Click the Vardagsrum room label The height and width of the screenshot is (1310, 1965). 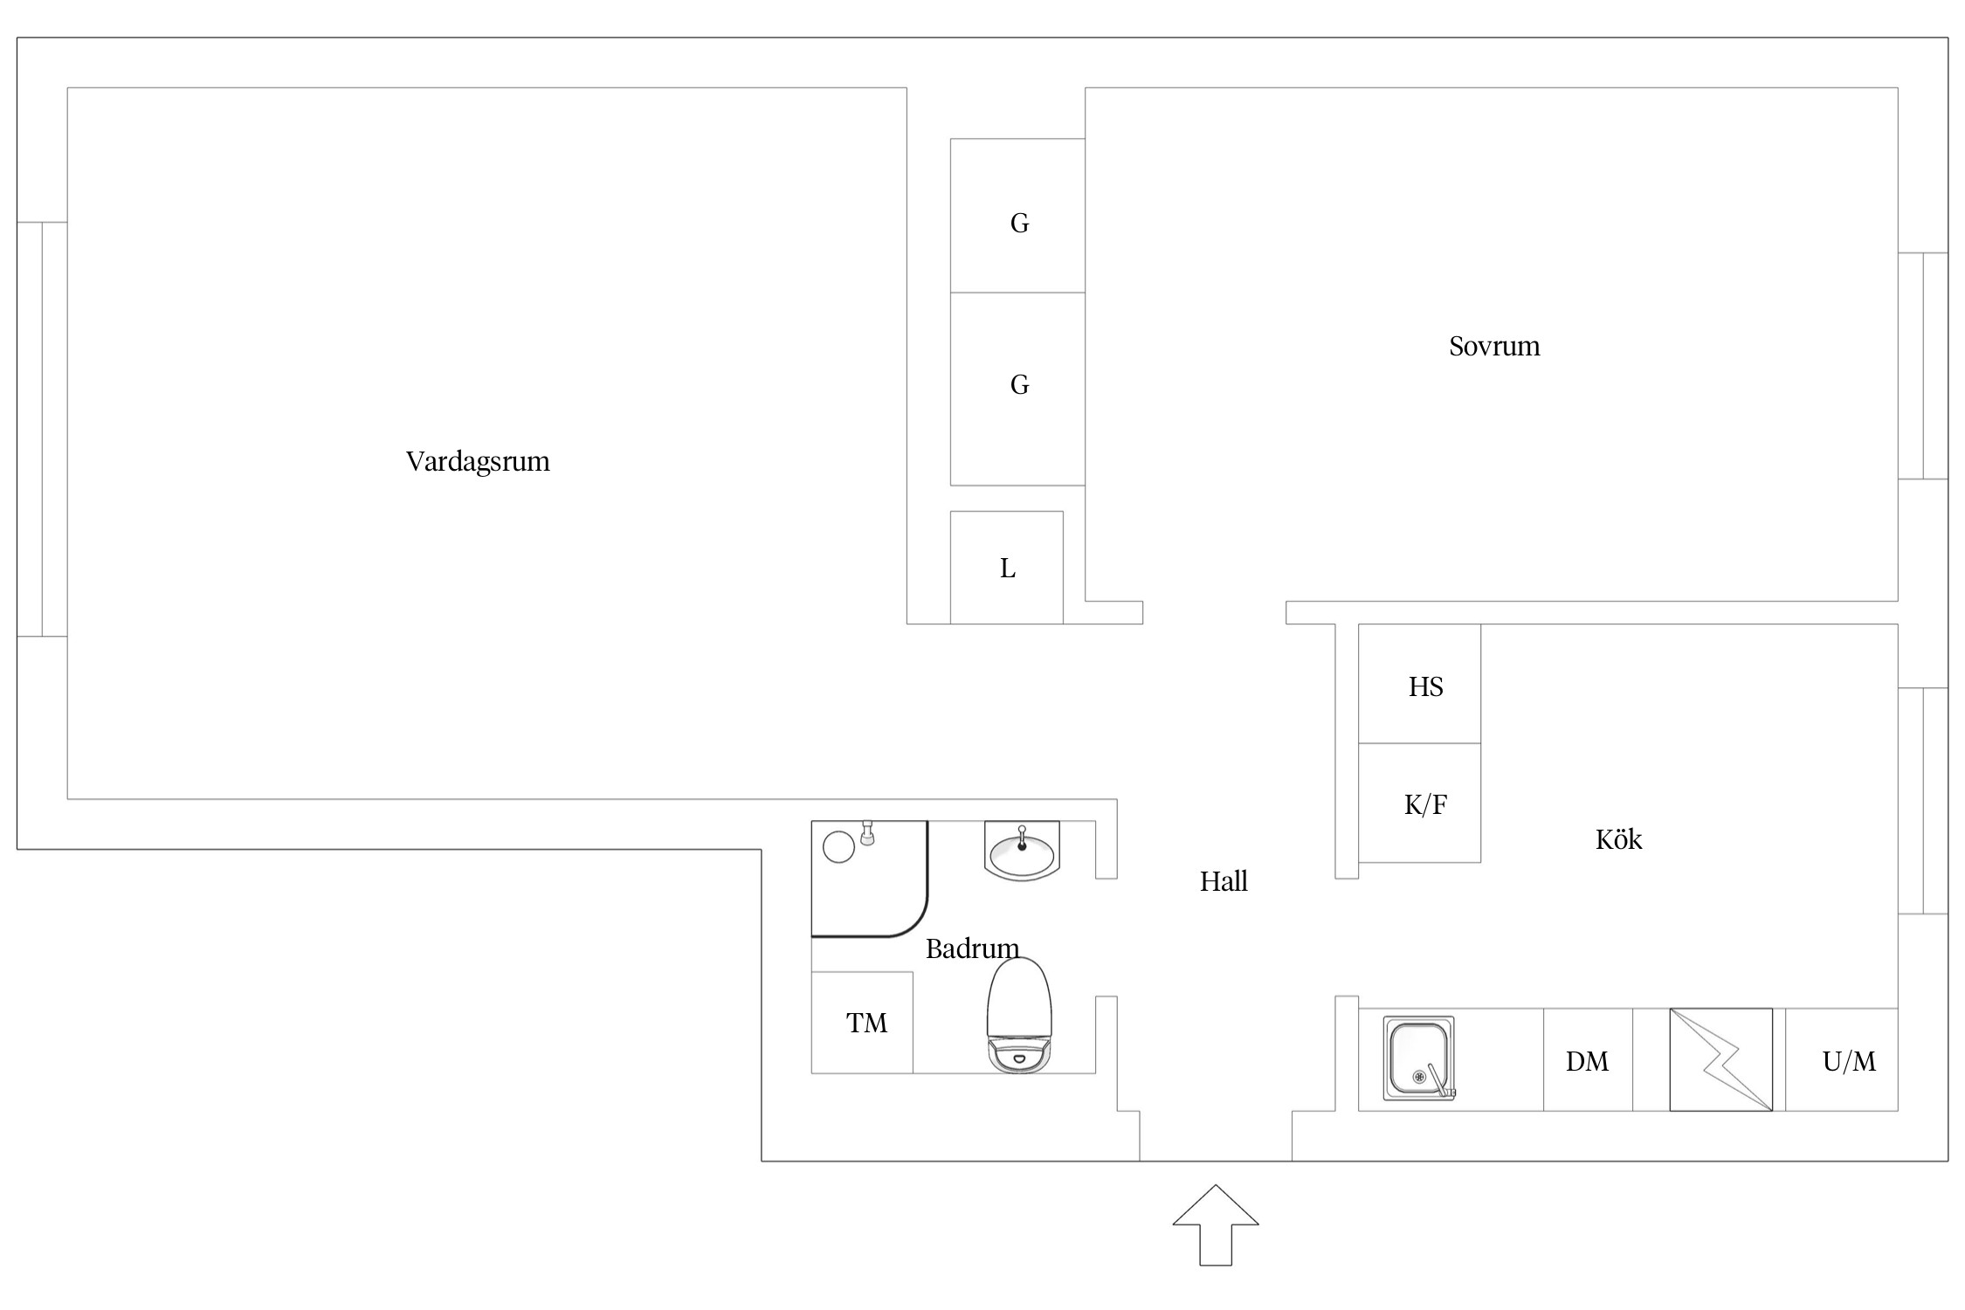pyautogui.click(x=478, y=461)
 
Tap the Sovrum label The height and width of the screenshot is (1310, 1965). pyautogui.click(x=1494, y=346)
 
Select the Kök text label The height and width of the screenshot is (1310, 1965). pyautogui.click(x=1618, y=838)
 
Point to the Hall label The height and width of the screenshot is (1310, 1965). pyautogui.click(x=1223, y=881)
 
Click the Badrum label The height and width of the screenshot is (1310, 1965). pyautogui.click(x=972, y=948)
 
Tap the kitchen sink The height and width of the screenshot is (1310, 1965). pyautogui.click(x=1419, y=1058)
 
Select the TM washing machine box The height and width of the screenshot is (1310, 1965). pyautogui.click(x=862, y=1022)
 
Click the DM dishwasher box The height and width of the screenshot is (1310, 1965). pyautogui.click(x=1588, y=1059)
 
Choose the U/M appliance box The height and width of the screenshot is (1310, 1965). pyautogui.click(x=1842, y=1059)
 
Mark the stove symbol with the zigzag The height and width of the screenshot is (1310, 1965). pyautogui.click(x=1720, y=1059)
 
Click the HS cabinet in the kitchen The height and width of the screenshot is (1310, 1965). pyautogui.click(x=1419, y=684)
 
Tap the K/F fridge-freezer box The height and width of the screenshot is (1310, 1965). pyautogui.click(x=1419, y=803)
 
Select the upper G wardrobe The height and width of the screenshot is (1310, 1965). pyautogui.click(x=1017, y=216)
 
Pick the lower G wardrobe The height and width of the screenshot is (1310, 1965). pyautogui.click(x=1017, y=389)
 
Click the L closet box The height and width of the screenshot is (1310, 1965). pyautogui.click(x=1007, y=568)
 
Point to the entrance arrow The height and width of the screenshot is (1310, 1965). pyautogui.click(x=1215, y=1224)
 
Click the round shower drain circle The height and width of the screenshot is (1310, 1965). pyautogui.click(x=838, y=847)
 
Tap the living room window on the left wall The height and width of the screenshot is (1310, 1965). pyautogui.click(x=42, y=429)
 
